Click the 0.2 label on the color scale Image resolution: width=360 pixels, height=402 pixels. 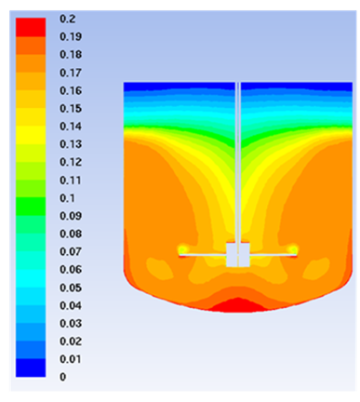67,19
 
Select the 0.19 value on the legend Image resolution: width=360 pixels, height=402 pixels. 71,36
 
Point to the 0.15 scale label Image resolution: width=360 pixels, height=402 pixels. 71,108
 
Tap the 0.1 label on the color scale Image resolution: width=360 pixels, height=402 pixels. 67,198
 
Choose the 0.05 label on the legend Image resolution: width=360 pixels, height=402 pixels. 71,288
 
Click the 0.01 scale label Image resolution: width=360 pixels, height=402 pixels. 71,359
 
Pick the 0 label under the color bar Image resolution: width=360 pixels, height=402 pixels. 63,377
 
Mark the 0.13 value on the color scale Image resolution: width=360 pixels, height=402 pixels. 71,144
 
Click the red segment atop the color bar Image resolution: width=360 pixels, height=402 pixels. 31,28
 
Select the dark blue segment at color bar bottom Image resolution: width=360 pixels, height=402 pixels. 31,368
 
